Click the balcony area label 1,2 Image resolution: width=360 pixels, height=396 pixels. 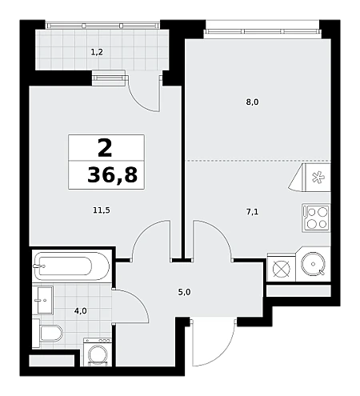[x=97, y=52]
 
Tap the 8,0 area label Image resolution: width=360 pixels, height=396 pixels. [x=252, y=102]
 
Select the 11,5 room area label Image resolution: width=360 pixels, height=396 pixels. [x=102, y=210]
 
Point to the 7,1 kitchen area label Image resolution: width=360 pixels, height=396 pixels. [x=252, y=212]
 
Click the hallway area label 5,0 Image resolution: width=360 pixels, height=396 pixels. [x=184, y=292]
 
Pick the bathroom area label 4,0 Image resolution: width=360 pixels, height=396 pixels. [x=81, y=311]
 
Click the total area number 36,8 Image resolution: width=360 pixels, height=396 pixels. [x=112, y=175]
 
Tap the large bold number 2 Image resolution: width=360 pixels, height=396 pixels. [x=105, y=149]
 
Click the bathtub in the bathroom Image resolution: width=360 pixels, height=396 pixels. [x=72, y=266]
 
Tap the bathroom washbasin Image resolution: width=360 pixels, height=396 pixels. [x=43, y=300]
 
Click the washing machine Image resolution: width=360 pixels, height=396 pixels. [x=98, y=352]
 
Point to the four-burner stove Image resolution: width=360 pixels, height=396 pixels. [x=317, y=218]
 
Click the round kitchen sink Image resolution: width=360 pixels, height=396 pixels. [x=313, y=264]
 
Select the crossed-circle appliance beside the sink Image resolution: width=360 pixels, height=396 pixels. [x=282, y=269]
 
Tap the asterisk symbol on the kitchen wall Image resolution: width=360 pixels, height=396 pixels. [x=318, y=178]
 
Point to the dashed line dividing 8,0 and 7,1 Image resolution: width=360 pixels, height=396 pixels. [x=258, y=161]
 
